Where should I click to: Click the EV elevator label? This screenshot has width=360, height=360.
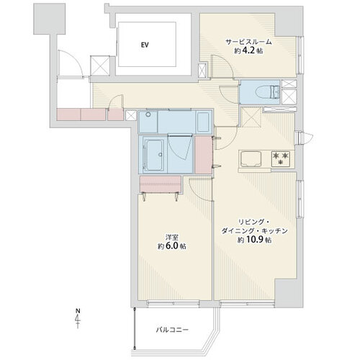(145, 45)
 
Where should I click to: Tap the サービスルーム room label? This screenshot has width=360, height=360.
(248, 42)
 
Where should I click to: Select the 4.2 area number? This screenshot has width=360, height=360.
(249, 51)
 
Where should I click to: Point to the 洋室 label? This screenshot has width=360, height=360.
(171, 238)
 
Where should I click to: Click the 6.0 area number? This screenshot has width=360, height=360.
(172, 246)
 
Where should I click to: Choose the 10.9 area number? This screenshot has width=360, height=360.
(254, 240)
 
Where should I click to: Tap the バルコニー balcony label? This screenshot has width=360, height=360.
(172, 330)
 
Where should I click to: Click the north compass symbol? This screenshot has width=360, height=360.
(78, 318)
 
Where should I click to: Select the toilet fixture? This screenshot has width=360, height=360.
(268, 92)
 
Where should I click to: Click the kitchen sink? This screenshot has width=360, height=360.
(251, 158)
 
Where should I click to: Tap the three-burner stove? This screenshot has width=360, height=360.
(280, 158)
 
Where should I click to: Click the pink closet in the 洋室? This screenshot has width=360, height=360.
(161, 184)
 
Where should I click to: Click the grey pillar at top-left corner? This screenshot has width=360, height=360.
(50, 19)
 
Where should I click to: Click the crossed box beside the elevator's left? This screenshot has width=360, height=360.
(100, 66)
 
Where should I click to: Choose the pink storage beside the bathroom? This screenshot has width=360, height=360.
(204, 155)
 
